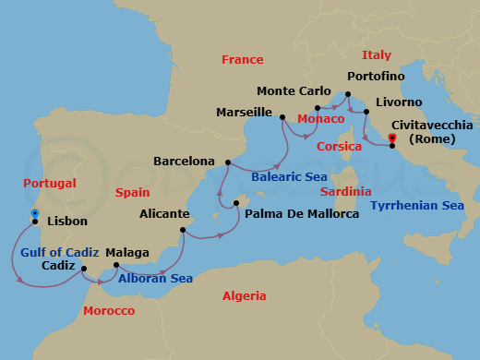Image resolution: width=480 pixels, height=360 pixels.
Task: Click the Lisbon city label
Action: (66, 222)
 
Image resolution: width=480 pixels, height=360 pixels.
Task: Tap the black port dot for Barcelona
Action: (227, 162)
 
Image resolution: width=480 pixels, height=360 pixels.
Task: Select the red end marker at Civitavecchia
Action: (392, 138)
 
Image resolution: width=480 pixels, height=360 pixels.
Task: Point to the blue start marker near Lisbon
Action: (34, 213)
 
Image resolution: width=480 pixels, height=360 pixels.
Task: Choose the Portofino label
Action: (378, 76)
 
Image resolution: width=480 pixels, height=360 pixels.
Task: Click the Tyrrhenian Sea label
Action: (417, 206)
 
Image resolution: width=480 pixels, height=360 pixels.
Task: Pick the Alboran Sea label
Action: (154, 277)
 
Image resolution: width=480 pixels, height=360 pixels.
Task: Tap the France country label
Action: (243, 60)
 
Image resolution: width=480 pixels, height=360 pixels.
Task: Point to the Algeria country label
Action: (245, 296)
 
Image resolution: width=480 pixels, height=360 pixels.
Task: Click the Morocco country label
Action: (109, 311)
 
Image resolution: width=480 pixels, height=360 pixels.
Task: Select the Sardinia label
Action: (345, 192)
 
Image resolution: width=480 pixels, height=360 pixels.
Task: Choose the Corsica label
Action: (339, 147)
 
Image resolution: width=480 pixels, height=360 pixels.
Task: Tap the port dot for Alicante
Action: (184, 230)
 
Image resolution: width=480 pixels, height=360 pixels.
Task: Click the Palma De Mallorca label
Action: (302, 214)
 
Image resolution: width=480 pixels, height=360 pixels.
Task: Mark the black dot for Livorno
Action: (366, 113)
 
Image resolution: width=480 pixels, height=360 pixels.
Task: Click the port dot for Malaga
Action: (116, 266)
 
